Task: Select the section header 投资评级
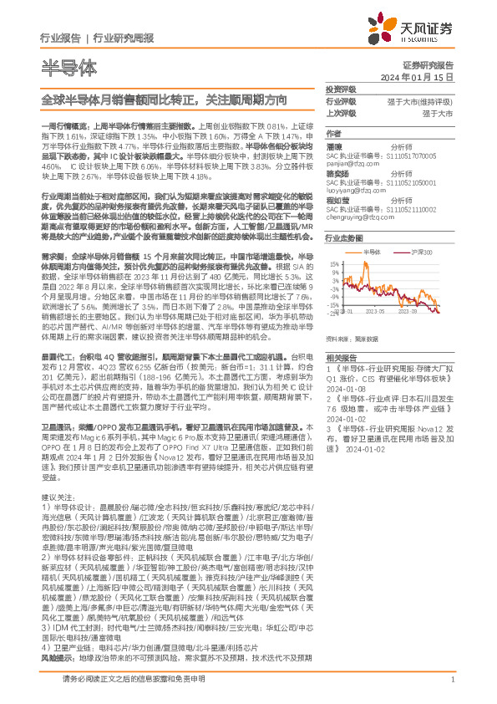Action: pyautogui.click(x=340, y=89)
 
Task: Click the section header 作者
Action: pyautogui.click(x=333, y=133)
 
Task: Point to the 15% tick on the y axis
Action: pyautogui.click(x=334, y=263)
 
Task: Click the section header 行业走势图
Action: pyautogui.click(x=343, y=237)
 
